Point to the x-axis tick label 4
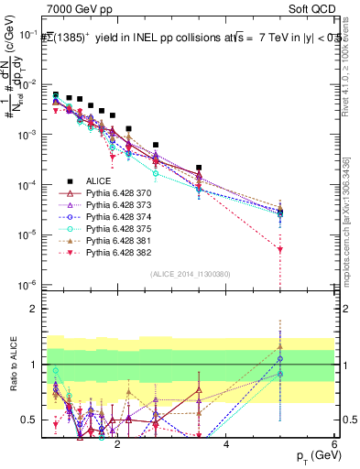[x=226, y=444]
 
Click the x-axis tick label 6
[x=334, y=444]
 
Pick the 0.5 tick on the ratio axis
[x=32, y=420]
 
